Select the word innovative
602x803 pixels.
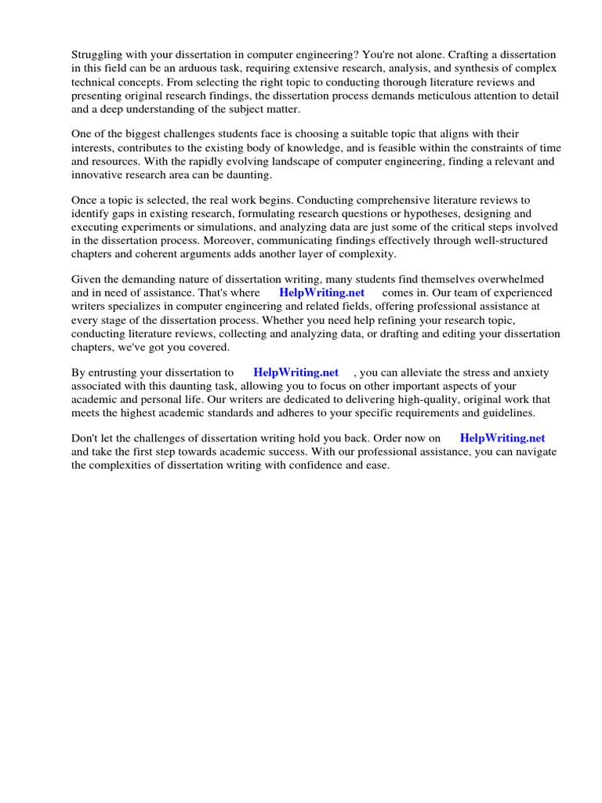coord(98,175)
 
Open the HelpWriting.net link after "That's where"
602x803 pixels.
coord(321,293)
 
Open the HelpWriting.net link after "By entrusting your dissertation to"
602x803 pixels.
coord(296,372)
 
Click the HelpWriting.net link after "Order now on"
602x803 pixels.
coord(502,438)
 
